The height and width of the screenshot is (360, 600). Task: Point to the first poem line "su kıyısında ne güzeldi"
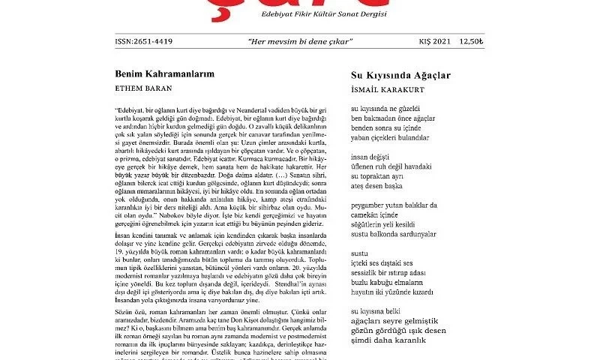point(387,109)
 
